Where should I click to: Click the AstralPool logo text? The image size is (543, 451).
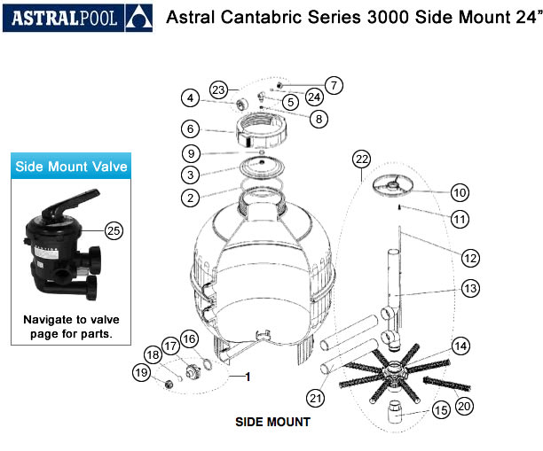coord(63,18)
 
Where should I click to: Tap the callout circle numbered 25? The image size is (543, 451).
coord(114,230)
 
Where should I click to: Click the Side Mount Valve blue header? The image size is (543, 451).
coord(71,166)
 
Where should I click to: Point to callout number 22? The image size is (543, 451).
coord(361,159)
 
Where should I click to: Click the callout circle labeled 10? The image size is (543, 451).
coord(460,192)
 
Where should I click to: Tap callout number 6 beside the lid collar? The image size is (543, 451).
coord(190,129)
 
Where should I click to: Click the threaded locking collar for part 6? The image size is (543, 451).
coord(261,130)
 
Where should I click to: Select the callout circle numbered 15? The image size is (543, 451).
coord(441,410)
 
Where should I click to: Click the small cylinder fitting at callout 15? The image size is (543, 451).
coord(395,412)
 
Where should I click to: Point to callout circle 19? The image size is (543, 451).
coord(141,373)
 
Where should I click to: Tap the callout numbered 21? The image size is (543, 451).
coord(315,399)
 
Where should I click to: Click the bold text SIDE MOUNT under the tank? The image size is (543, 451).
coord(272,422)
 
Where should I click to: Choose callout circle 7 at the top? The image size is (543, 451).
coord(334,85)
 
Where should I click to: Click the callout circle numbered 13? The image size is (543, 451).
coord(470,288)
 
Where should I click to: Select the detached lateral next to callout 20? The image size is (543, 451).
coord(446,384)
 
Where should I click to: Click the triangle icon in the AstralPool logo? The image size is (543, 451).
coord(138,18)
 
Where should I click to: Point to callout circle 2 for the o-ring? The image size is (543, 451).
coord(190,198)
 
